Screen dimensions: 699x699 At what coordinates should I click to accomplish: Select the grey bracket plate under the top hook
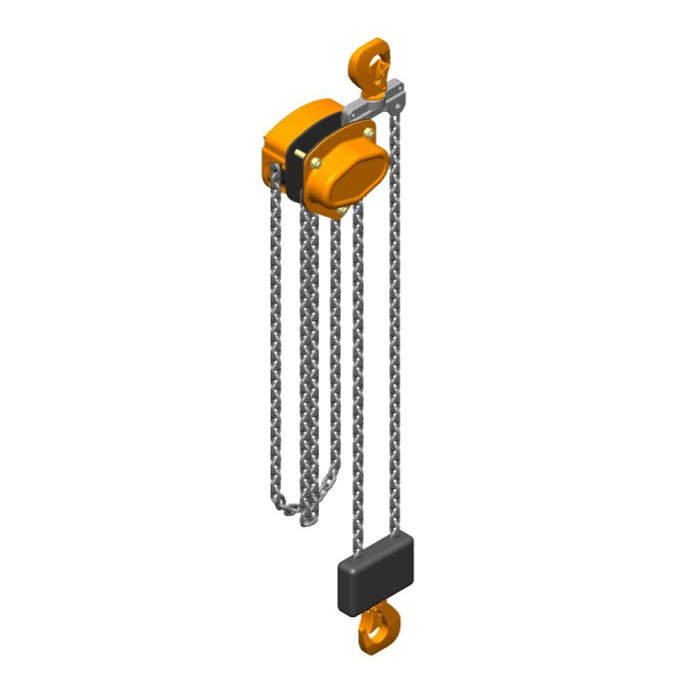385,100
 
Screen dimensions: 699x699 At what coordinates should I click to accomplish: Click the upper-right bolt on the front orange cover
370,136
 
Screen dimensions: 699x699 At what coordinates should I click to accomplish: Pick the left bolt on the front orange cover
316,164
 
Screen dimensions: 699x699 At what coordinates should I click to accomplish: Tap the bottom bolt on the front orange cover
343,210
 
